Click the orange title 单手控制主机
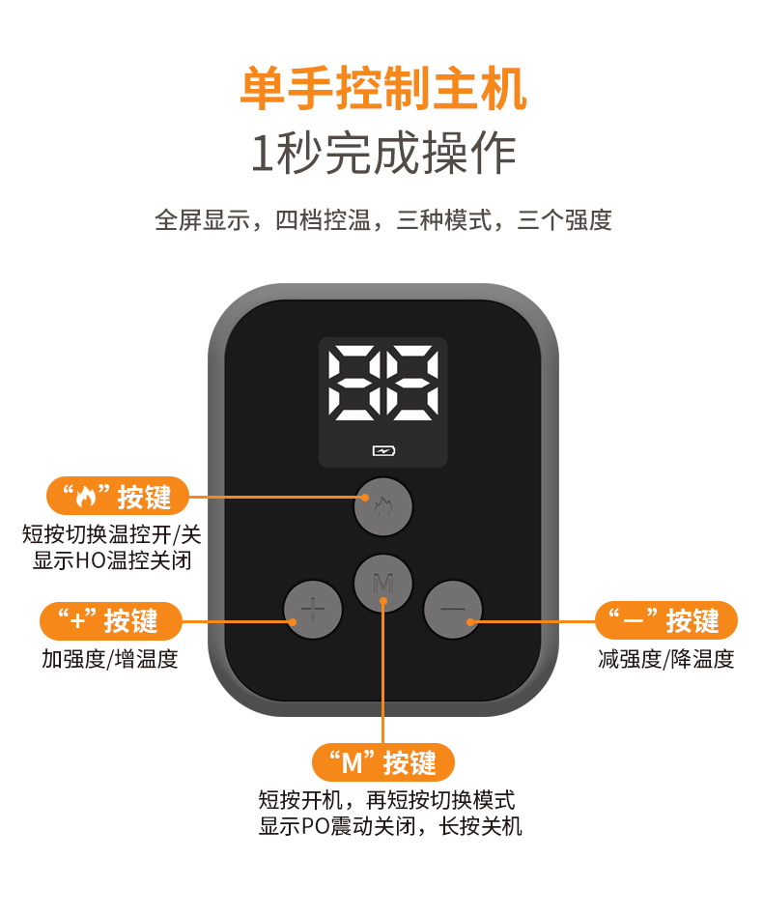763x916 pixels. pos(382,90)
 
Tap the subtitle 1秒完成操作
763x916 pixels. pos(382,153)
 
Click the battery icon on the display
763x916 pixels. pos(383,450)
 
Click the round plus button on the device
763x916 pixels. pos(312,610)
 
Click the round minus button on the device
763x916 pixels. pos(452,610)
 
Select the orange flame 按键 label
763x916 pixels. pos(117,497)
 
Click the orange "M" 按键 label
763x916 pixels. pos(382,763)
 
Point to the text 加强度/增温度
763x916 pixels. pos(110,659)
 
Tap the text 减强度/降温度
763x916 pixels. pos(666,659)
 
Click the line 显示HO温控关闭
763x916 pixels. pos(111,560)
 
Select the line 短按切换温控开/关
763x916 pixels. pos(112,534)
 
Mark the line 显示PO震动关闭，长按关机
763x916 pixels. pos(390,826)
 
